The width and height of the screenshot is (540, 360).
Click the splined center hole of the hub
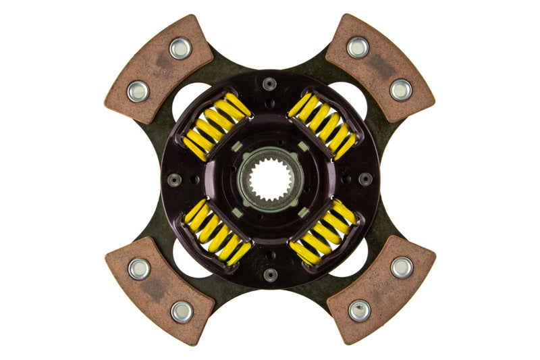click(x=270, y=180)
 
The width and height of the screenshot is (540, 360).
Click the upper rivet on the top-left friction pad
click(x=180, y=48)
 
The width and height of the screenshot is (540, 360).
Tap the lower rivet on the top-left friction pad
click(x=139, y=91)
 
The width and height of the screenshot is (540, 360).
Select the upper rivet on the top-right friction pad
click(x=358, y=47)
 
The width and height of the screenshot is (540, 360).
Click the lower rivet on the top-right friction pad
click(x=400, y=89)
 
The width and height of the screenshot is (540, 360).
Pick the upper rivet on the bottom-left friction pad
click(x=139, y=268)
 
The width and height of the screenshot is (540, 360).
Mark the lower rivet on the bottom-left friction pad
click(x=181, y=311)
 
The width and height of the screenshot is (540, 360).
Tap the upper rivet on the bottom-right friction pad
click(x=402, y=267)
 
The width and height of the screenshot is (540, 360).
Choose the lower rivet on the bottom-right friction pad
click(x=360, y=310)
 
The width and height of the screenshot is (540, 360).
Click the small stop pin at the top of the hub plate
click(x=270, y=84)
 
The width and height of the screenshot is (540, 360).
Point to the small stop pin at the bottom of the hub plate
click(x=270, y=275)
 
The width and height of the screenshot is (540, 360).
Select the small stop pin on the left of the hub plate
click(x=174, y=180)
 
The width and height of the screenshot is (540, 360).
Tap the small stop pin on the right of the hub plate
click(x=365, y=179)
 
